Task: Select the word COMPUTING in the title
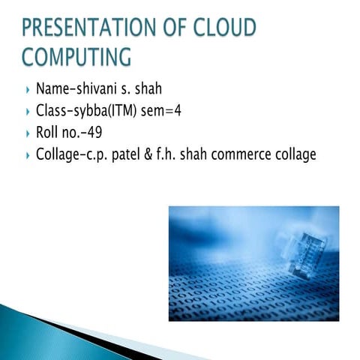76,57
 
